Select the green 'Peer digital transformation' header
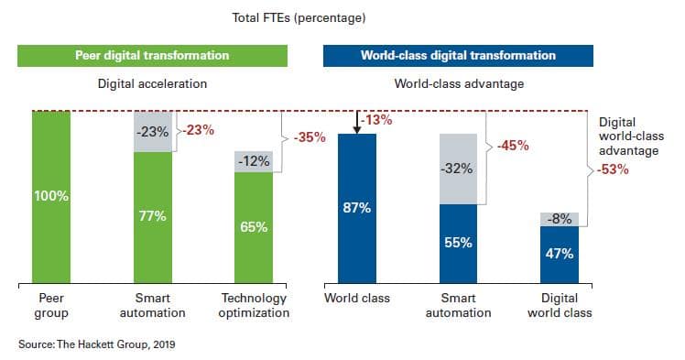tap(152, 56)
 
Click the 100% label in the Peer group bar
tap(50, 197)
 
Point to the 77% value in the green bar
tap(152, 217)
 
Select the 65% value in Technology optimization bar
tap(254, 227)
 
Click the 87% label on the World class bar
tap(356, 208)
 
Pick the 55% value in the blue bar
tap(458, 243)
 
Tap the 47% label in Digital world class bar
tap(559, 254)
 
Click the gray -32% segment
tap(458, 169)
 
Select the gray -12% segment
tap(254, 161)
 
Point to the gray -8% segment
tap(559, 219)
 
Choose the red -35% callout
tap(310, 137)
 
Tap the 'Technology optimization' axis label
tap(254, 305)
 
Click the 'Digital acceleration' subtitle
tap(152, 83)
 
